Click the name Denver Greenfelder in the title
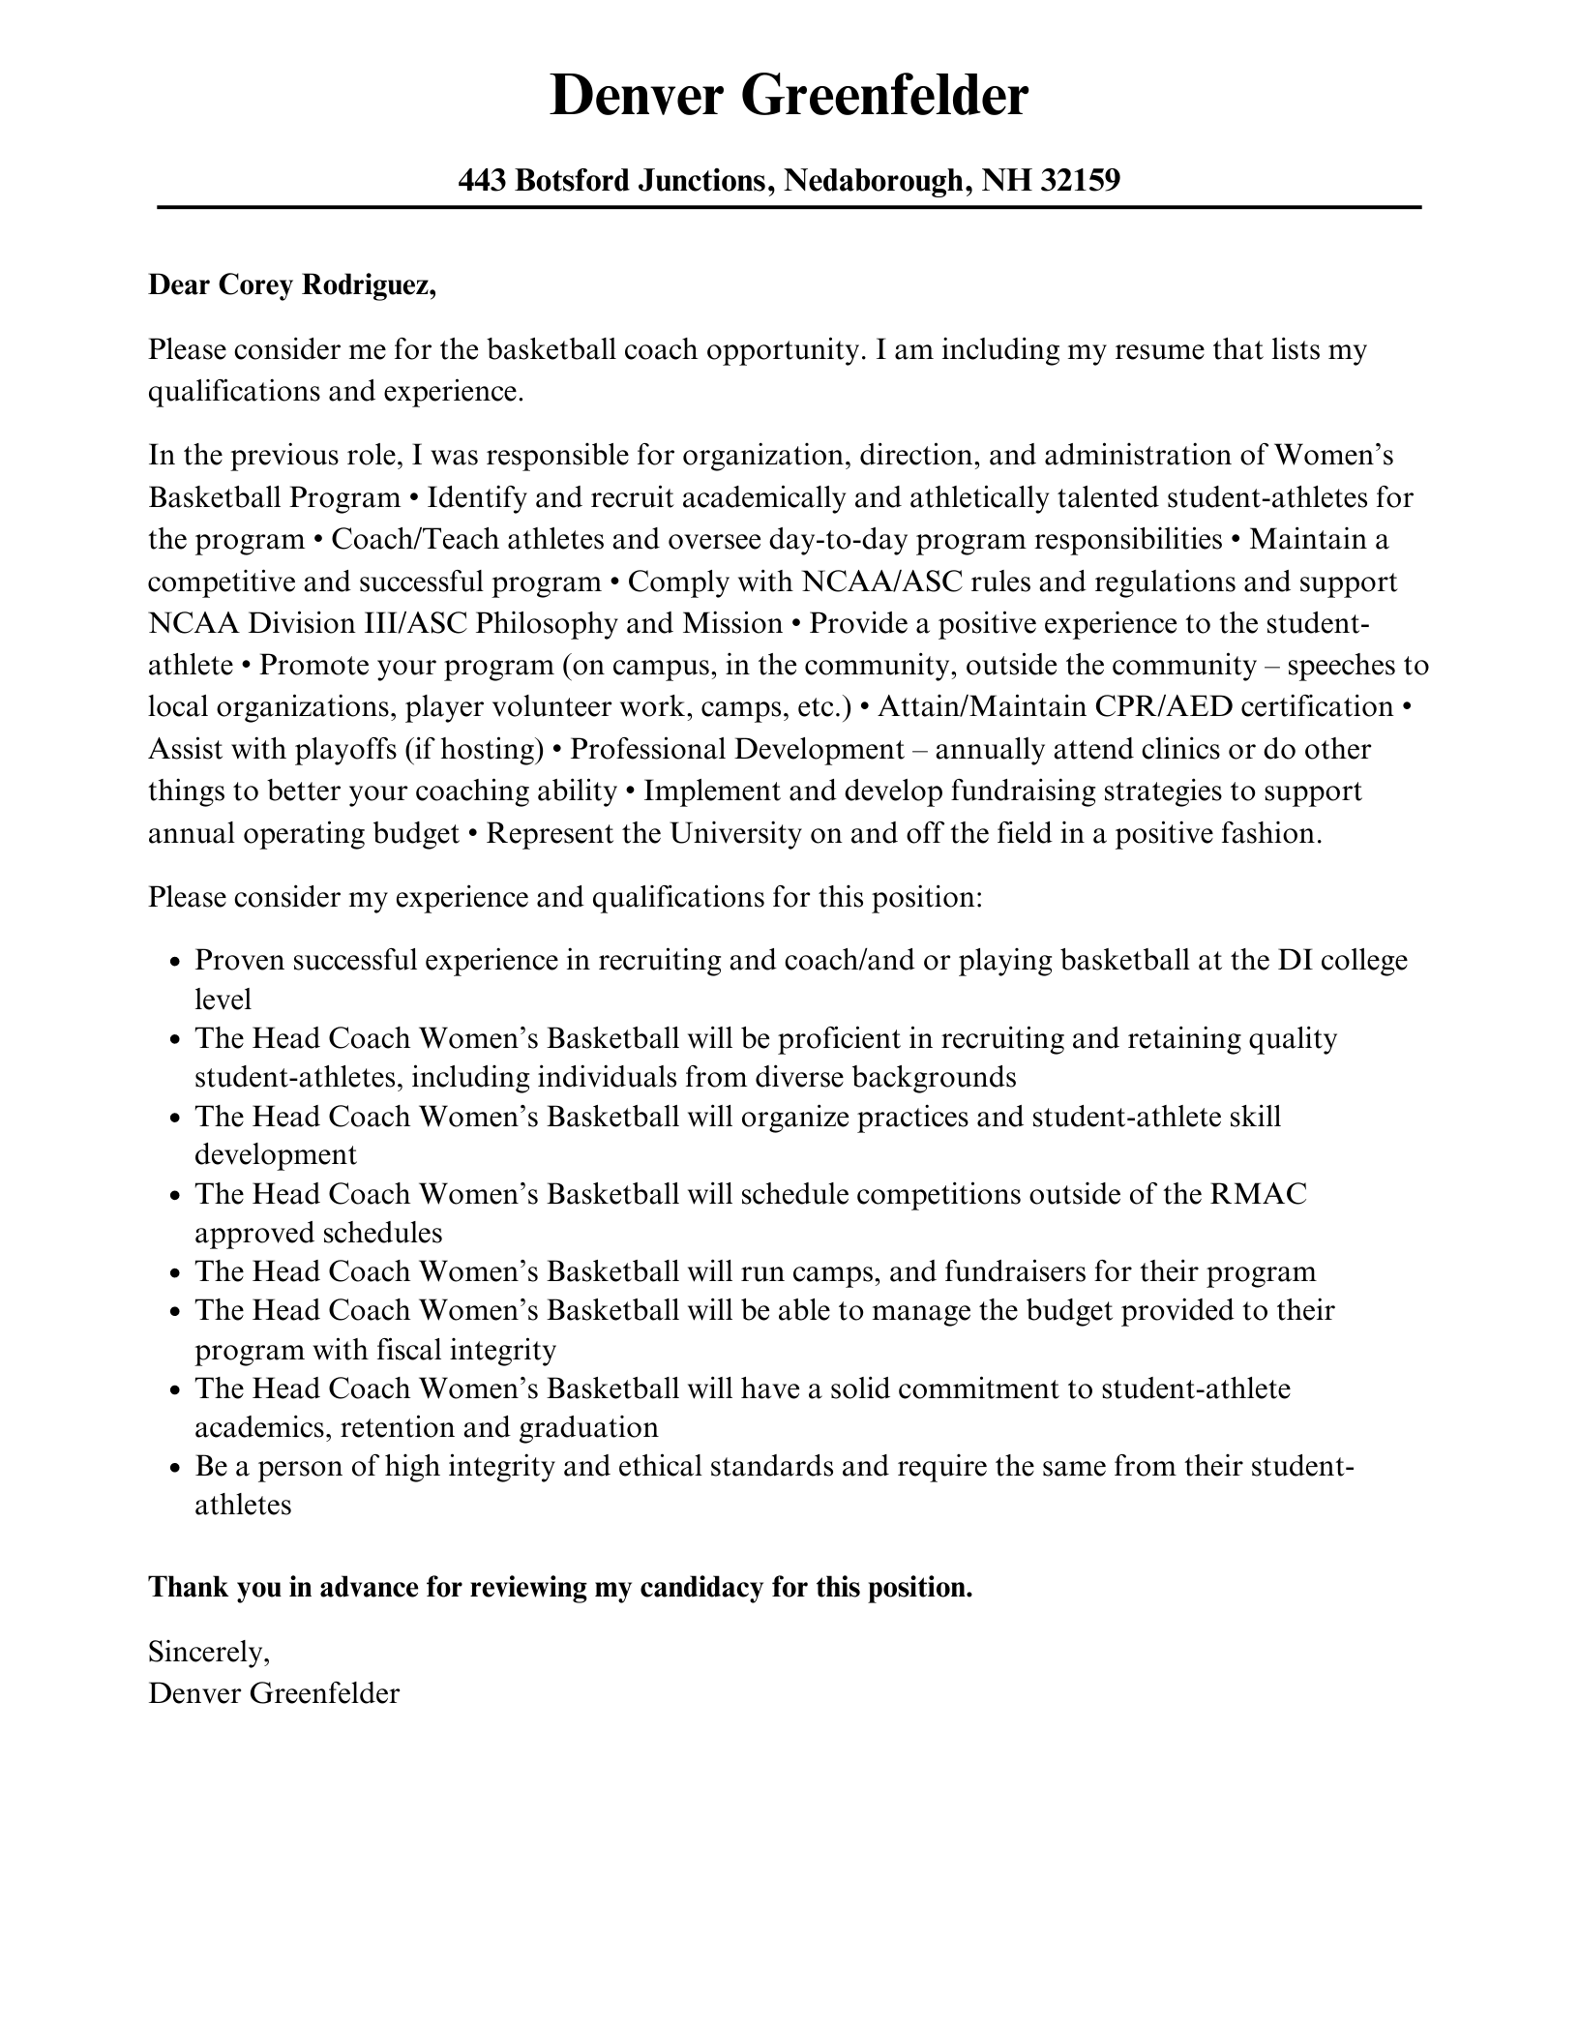point(789,97)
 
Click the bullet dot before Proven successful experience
point(174,963)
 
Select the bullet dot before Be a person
point(174,1469)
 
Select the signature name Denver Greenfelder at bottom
point(274,1693)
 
